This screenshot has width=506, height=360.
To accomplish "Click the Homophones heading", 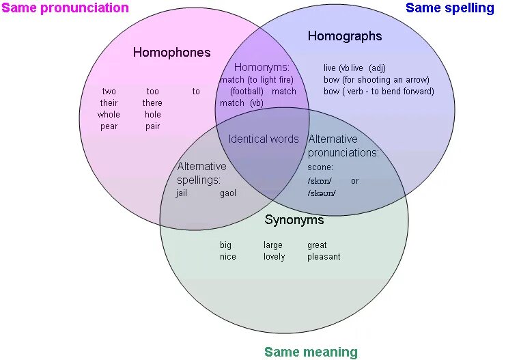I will pyautogui.click(x=171, y=53).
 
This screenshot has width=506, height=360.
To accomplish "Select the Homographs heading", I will pyautogui.click(x=345, y=36).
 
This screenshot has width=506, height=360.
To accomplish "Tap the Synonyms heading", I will pyautogui.click(x=294, y=221).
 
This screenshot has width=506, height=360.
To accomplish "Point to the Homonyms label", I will pyautogui.click(x=262, y=68).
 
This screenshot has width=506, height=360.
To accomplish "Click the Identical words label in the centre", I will pyautogui.click(x=264, y=139).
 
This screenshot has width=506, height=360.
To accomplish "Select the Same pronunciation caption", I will pyautogui.click(x=65, y=8).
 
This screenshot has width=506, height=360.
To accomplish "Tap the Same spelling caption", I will pyautogui.click(x=449, y=8).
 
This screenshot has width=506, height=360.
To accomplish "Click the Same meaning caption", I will pyautogui.click(x=311, y=352).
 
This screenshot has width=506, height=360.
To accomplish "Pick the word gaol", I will pyautogui.click(x=228, y=193).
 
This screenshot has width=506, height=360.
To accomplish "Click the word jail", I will pyautogui.click(x=182, y=193).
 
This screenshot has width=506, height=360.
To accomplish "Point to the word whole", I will pyautogui.click(x=109, y=115).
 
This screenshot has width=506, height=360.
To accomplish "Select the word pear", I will pyautogui.click(x=109, y=126).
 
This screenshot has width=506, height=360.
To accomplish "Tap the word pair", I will pyautogui.click(x=152, y=126).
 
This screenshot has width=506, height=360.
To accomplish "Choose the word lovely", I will pyautogui.click(x=274, y=257).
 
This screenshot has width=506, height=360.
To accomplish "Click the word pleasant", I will pyautogui.click(x=324, y=257).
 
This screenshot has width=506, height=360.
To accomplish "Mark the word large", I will pyautogui.click(x=273, y=245).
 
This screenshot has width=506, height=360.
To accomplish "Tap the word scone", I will pyautogui.click(x=320, y=167).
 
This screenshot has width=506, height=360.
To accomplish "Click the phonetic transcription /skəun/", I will pyautogui.click(x=322, y=193).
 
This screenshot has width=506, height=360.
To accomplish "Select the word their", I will pyautogui.click(x=109, y=103).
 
